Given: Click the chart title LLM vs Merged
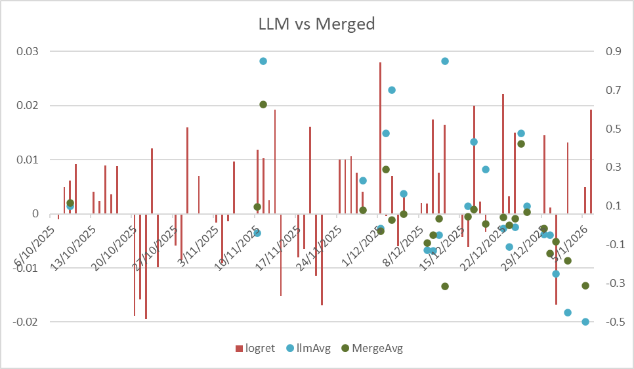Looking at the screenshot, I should pos(316,24).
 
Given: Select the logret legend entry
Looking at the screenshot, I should pos(257,348).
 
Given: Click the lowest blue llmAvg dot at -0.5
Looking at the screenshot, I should pos(585,322).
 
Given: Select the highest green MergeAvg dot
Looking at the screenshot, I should pos(263,104).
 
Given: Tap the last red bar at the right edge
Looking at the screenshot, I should pos(591,162).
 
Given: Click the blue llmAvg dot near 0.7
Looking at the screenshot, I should pos(392,90).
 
